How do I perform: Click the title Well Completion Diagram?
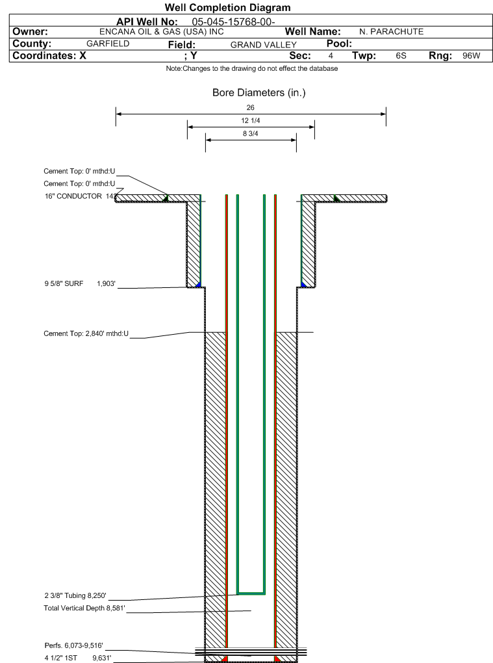tap(228, 8)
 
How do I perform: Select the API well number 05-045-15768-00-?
tap(233, 22)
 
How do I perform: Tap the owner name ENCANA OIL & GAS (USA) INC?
tap(161, 32)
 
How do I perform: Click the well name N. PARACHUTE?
tap(391, 32)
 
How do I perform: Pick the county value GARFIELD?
tap(108, 44)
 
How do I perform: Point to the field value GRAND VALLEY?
tap(264, 45)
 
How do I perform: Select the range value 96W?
tap(471, 56)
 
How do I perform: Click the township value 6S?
tap(401, 56)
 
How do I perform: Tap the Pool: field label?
tap(339, 44)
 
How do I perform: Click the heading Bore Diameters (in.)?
tap(259, 92)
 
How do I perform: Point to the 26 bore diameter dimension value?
tap(251, 108)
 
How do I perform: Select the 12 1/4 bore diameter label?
tap(251, 120)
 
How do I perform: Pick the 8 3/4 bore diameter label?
tap(251, 134)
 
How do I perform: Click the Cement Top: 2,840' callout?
tap(86, 333)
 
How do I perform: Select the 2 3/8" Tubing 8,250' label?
tap(75, 596)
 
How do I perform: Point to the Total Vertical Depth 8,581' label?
tap(84, 608)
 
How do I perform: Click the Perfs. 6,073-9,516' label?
tap(74, 645)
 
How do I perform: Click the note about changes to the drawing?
tap(252, 68)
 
